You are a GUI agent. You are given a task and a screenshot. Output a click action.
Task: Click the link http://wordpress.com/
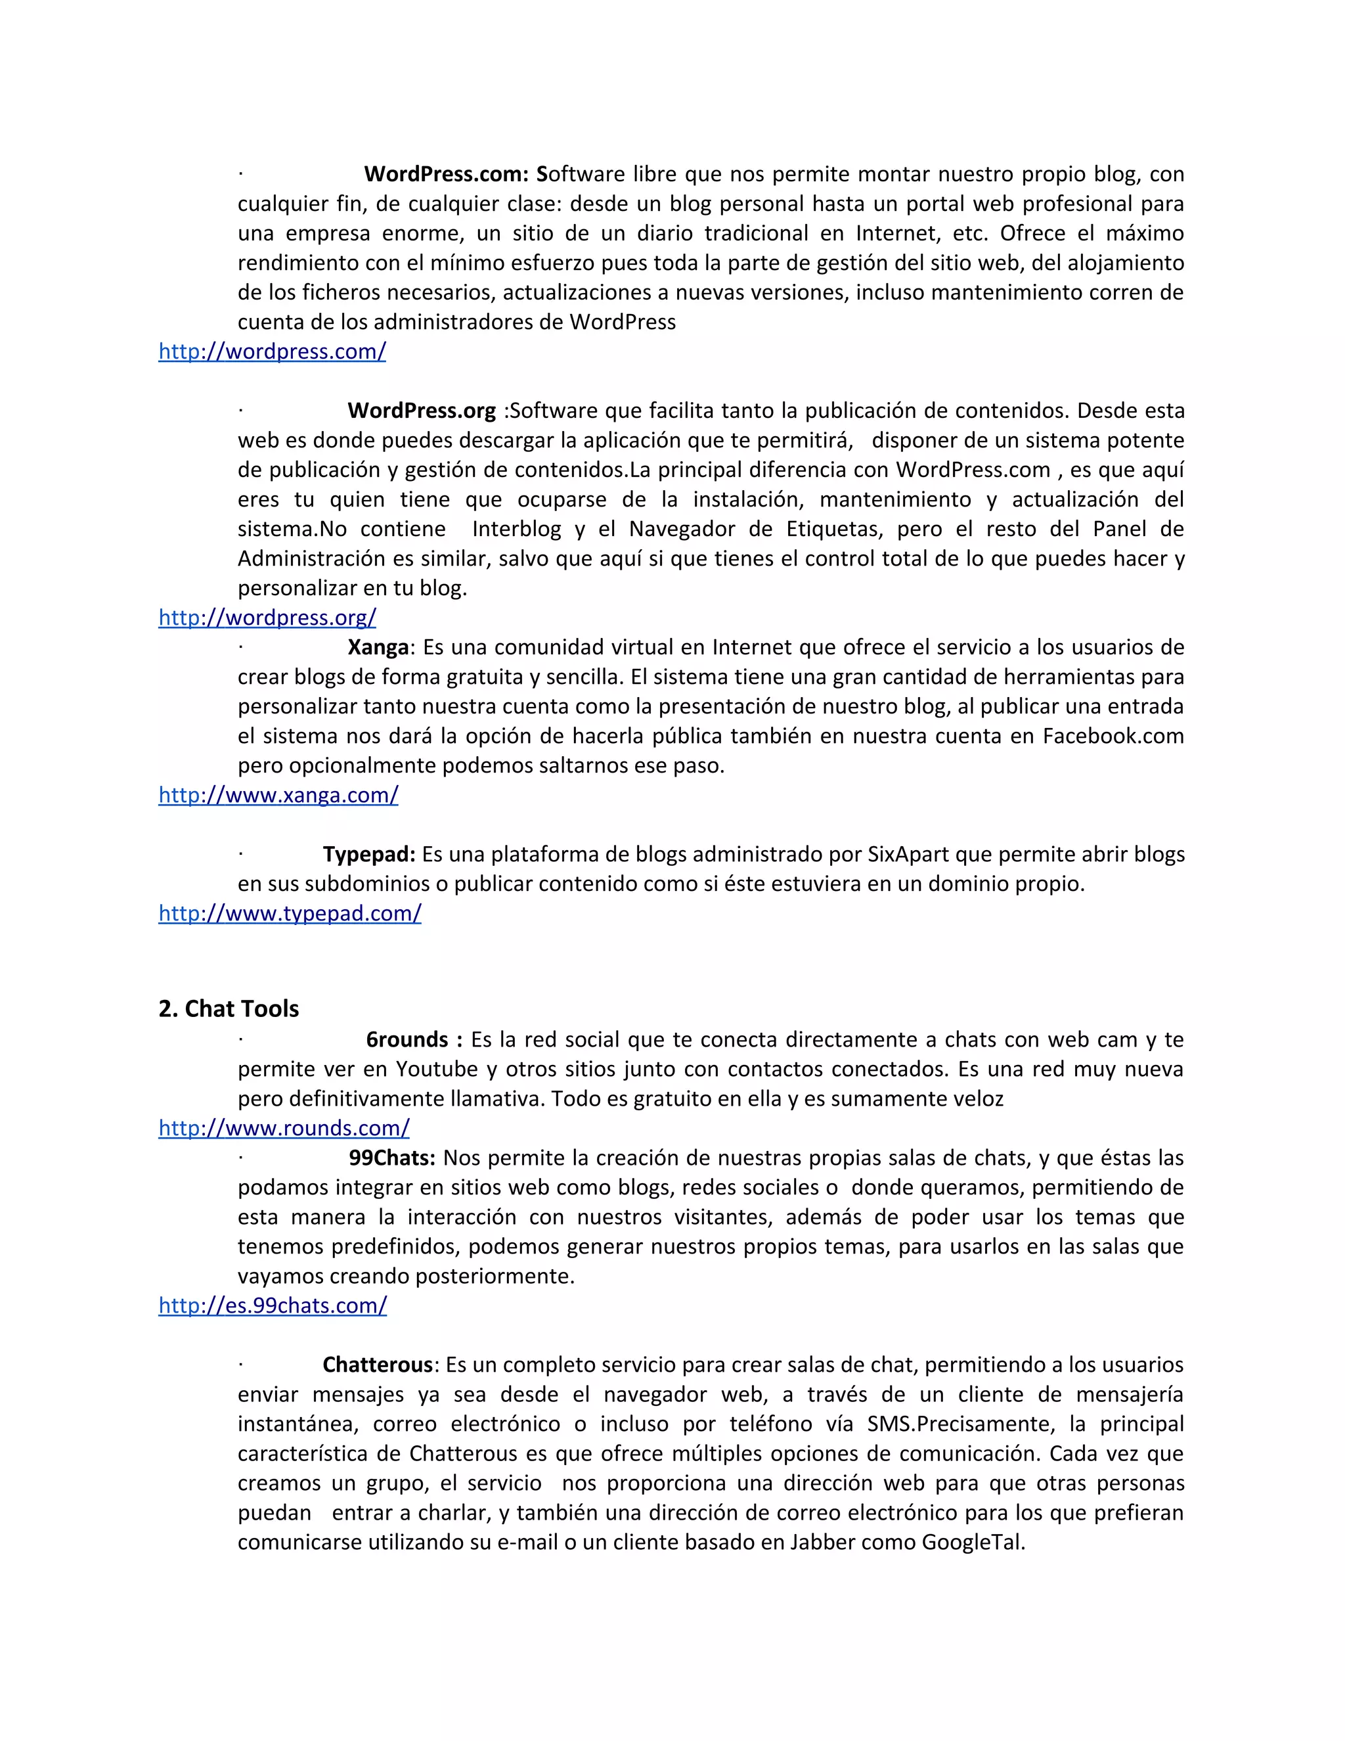tap(272, 351)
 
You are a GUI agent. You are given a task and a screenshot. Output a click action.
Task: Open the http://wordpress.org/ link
tap(267, 618)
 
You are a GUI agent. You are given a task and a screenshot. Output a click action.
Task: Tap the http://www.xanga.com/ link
tap(278, 795)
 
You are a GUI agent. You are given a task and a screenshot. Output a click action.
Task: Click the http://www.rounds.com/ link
tap(284, 1128)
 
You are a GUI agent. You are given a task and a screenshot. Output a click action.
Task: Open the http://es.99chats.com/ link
tap(273, 1306)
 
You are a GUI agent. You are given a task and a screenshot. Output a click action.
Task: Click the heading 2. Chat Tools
tap(229, 1009)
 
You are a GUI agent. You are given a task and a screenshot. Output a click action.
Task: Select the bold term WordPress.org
tap(422, 411)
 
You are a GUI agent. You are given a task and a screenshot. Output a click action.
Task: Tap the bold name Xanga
tap(378, 647)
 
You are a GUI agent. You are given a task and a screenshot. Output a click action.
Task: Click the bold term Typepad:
tap(369, 855)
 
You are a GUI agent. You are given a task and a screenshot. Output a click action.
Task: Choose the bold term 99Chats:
tap(392, 1158)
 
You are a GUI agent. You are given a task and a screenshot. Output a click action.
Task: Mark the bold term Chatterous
tap(377, 1365)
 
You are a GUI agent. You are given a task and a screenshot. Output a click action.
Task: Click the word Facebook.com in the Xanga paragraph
tap(1113, 736)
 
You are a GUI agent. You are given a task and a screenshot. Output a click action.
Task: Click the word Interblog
tap(516, 530)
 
